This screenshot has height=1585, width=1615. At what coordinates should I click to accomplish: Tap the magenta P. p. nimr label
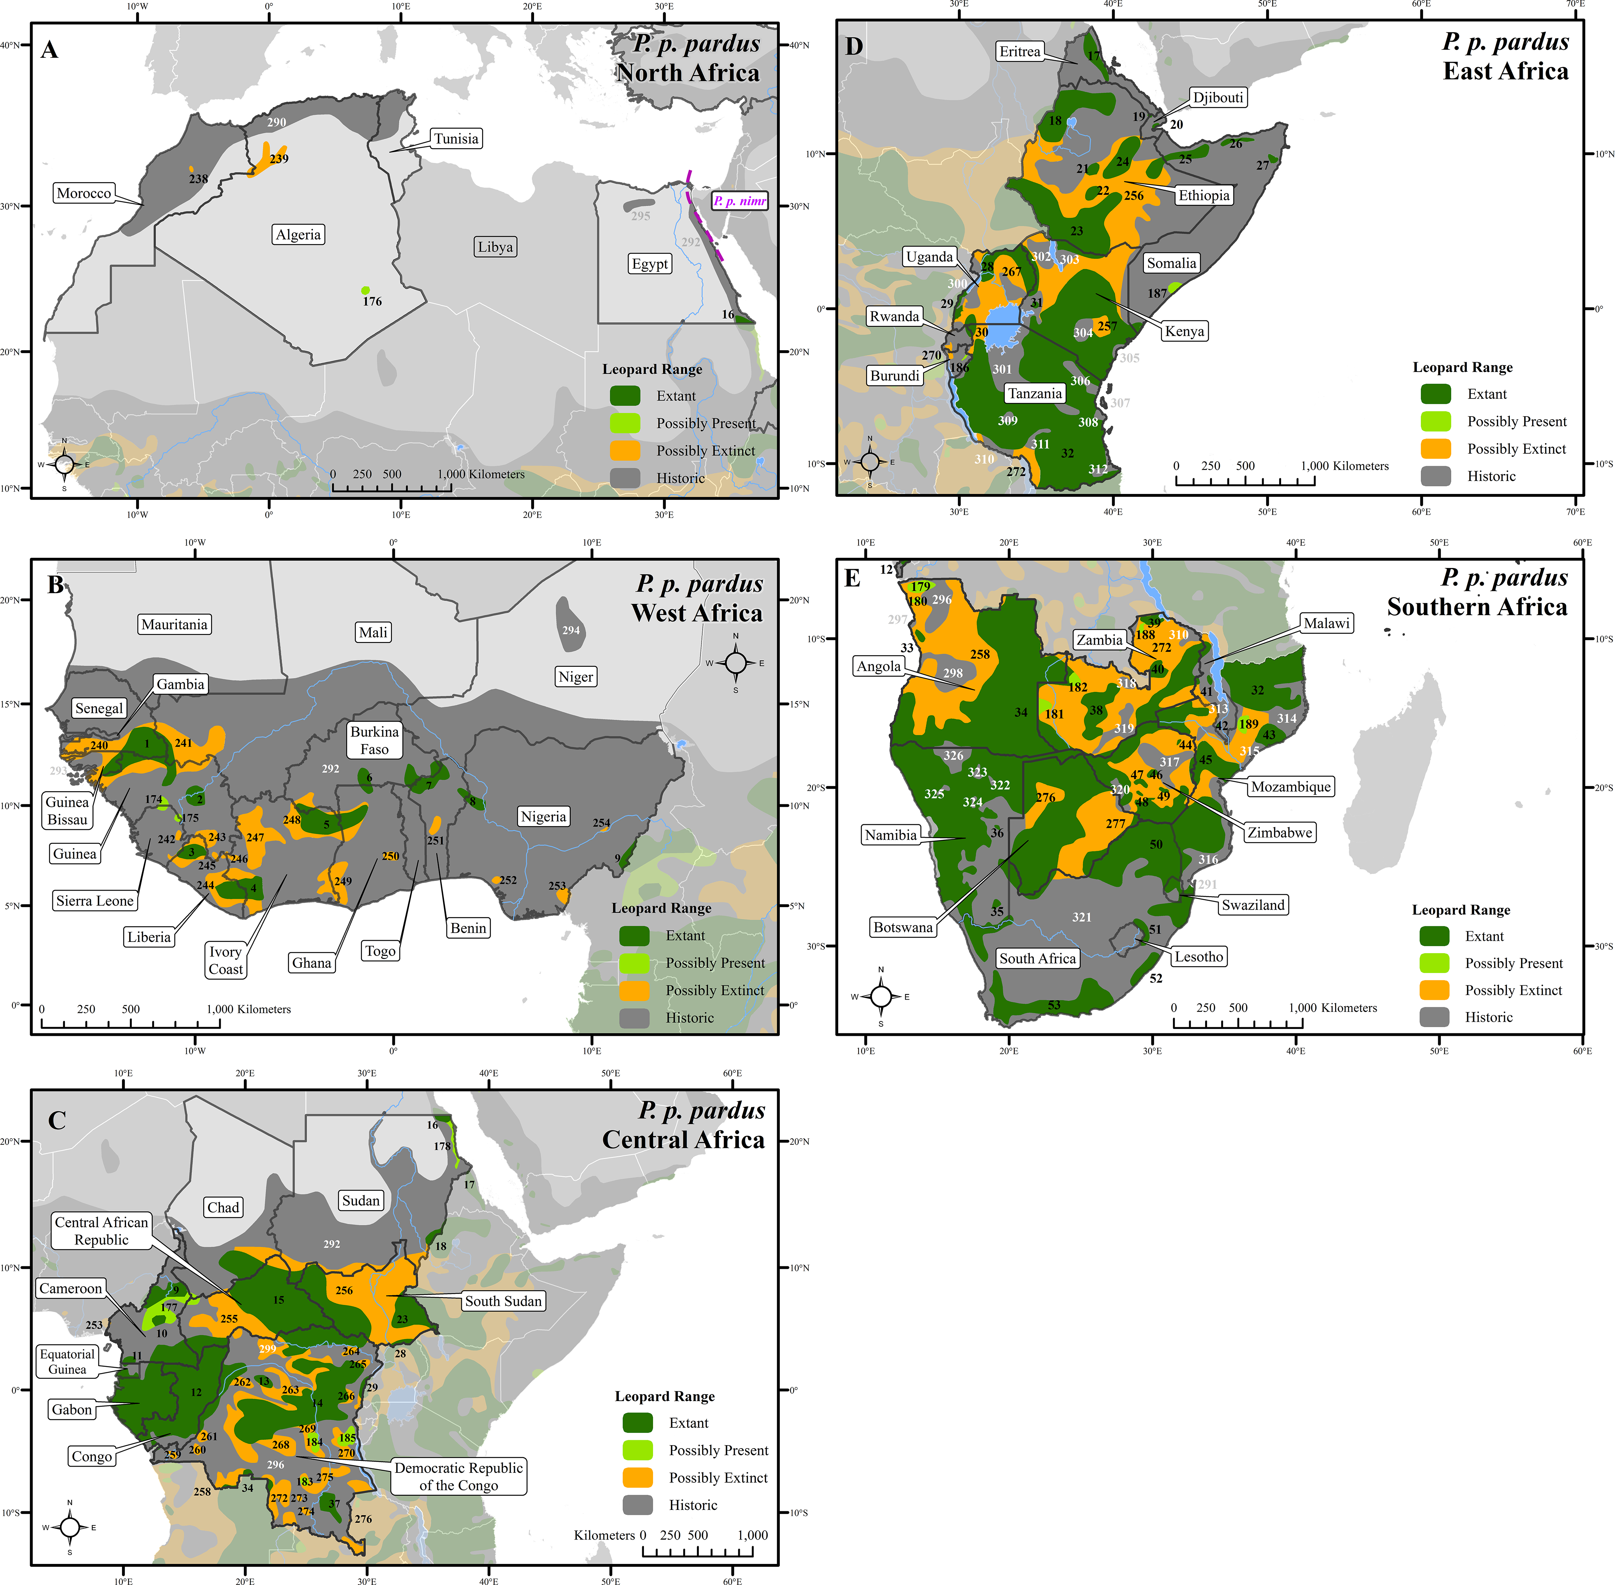[x=739, y=201]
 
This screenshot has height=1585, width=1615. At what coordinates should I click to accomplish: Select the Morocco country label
[x=83, y=193]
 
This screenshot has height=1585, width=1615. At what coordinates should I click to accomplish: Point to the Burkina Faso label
[x=375, y=740]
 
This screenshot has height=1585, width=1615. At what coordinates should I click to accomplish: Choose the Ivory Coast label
[x=225, y=960]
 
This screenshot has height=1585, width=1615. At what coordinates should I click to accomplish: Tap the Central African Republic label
[x=102, y=1230]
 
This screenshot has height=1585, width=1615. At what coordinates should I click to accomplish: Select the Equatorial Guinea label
[x=68, y=1361]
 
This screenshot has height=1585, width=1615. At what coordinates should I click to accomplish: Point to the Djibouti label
[x=1218, y=97]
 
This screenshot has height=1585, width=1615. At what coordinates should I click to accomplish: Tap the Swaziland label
[x=1253, y=905]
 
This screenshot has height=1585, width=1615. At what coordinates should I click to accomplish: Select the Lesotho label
[x=1199, y=956]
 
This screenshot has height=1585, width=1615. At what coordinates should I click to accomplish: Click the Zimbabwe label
[x=1280, y=833]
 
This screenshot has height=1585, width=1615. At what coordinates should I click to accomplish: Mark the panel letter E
[x=852, y=578]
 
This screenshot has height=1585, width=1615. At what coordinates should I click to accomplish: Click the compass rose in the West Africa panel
[x=736, y=663]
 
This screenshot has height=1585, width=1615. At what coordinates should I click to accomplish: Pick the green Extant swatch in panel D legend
[x=1436, y=394]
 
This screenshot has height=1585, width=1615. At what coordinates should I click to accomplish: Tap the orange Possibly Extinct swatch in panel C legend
[x=638, y=1478]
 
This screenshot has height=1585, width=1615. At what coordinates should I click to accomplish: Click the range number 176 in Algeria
[x=372, y=301]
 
